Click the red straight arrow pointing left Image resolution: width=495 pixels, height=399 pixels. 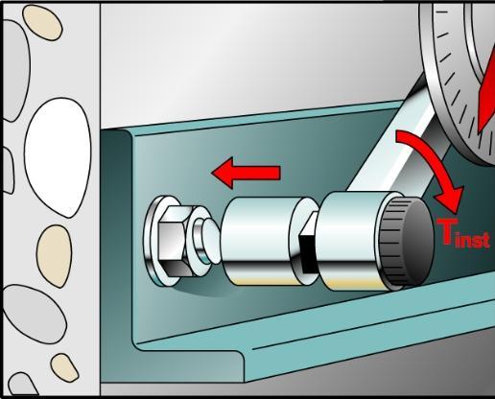click(246, 173)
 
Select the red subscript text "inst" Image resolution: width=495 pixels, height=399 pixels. click(473, 240)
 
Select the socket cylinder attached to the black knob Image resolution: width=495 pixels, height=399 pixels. click(353, 242)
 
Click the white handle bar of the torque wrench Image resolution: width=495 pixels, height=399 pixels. click(396, 141)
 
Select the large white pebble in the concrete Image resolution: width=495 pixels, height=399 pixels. click(58, 157)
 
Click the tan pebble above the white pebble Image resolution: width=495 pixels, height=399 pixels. click(42, 23)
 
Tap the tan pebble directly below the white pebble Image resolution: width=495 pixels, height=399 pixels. click(54, 256)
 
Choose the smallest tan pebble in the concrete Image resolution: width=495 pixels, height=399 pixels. click(64, 367)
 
